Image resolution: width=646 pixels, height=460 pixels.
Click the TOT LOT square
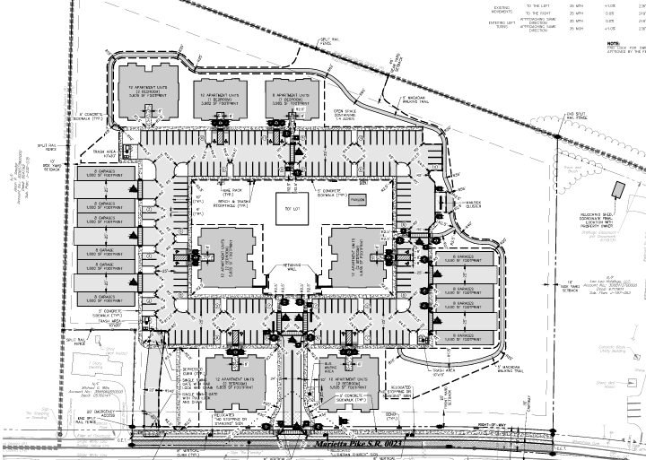coord(289,209)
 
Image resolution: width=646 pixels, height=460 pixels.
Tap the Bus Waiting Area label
coord(328,369)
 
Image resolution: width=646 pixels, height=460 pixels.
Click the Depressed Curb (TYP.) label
coord(194,370)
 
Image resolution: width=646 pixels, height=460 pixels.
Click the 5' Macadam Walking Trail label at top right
coord(414,99)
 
